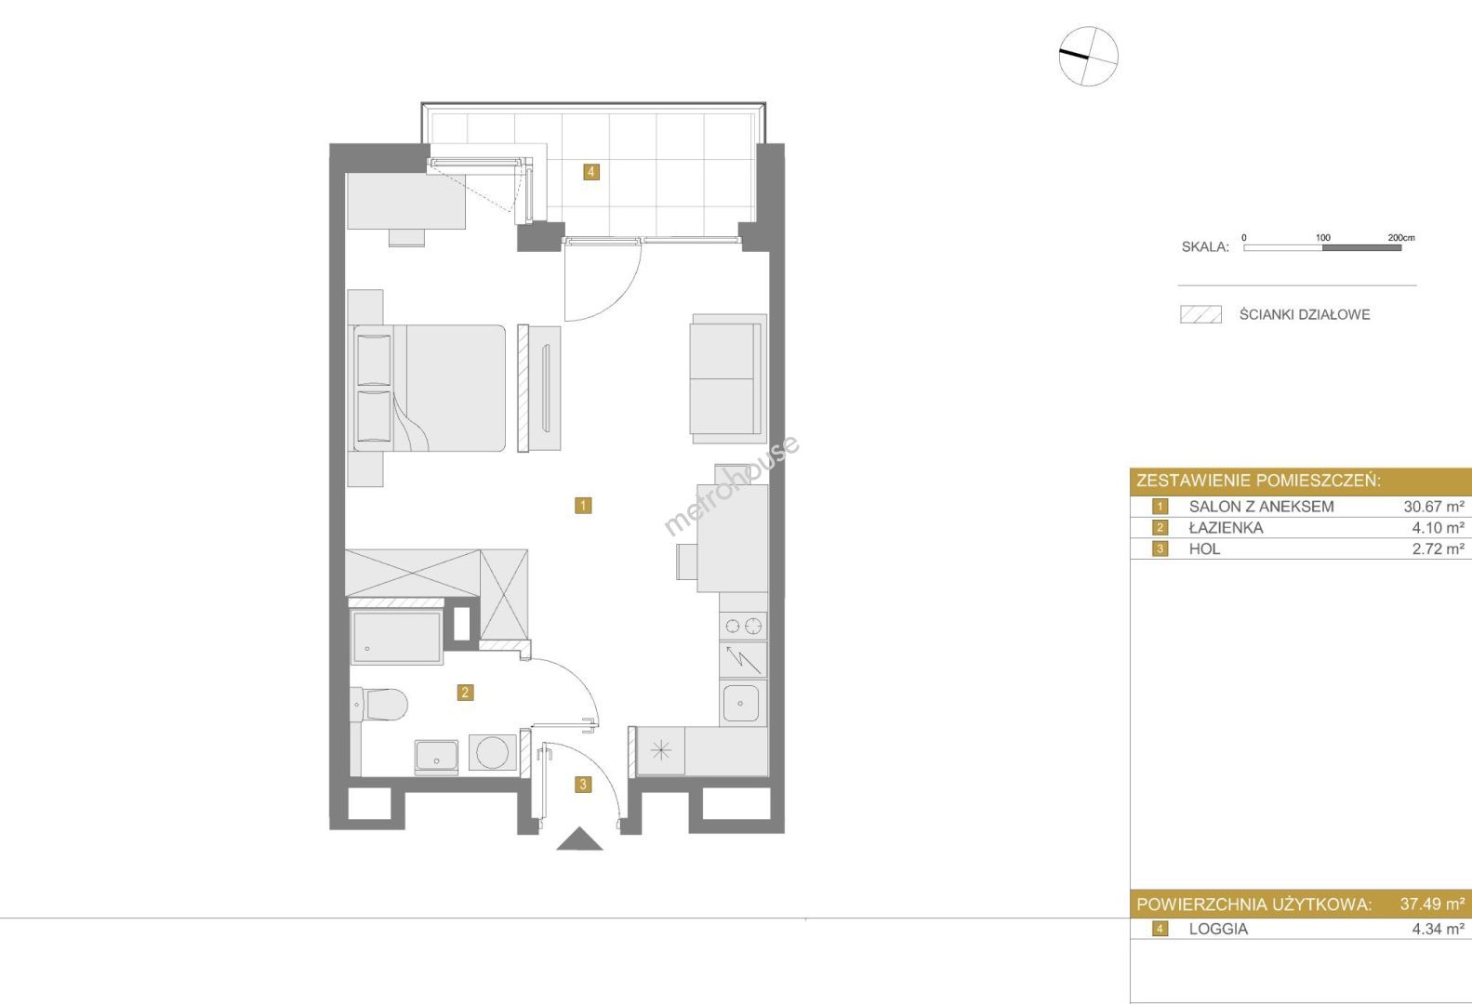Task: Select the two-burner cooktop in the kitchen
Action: pos(743,626)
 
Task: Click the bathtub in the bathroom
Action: pos(396,637)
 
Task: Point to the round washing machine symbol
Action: pos(492,752)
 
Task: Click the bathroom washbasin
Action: pos(436,757)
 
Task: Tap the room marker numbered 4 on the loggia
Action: pos(591,172)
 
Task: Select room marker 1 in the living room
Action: pos(583,506)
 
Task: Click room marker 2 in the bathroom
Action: pos(465,692)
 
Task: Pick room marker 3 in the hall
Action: pos(583,784)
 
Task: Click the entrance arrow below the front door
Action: pos(579,840)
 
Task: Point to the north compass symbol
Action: pos(1088,56)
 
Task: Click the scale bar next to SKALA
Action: pos(1322,247)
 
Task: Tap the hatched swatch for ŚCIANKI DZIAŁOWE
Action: pos(1200,314)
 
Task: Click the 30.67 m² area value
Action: pos(1434,507)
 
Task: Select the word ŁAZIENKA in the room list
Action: pos(1226,528)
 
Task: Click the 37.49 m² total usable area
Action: pos(1432,905)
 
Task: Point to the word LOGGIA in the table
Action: pos(1218,929)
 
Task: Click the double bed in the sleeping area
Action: pos(429,388)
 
